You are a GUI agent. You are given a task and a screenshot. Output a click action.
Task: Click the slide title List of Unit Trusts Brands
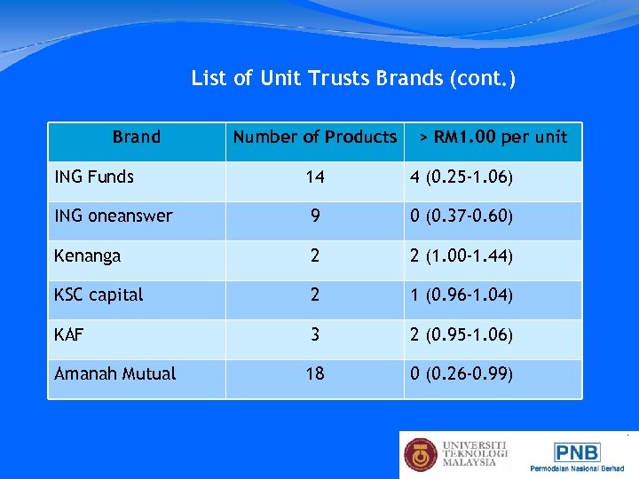[353, 79]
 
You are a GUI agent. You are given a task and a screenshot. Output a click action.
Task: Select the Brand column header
[137, 137]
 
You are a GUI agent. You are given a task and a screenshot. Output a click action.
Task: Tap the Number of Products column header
[314, 137]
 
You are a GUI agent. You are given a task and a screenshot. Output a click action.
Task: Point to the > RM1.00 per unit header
[493, 137]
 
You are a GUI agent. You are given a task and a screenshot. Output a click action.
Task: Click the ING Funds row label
[94, 177]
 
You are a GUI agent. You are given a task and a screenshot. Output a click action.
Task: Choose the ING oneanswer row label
[114, 216]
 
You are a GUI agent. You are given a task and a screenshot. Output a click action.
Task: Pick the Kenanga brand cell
[87, 255]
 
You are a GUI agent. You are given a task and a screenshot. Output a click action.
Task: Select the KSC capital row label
[99, 294]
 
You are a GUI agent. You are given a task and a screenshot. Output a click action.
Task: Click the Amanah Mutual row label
[115, 373]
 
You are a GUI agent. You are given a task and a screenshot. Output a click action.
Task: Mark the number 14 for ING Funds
[314, 177]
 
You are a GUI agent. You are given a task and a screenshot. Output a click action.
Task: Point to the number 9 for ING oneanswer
[314, 216]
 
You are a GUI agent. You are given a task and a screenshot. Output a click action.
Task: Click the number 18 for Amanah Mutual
[314, 374]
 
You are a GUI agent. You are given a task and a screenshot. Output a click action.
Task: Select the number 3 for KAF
[314, 335]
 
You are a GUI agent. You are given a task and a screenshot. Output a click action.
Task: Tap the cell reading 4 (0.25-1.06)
[461, 177]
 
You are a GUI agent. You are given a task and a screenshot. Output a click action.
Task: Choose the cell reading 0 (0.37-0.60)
[461, 216]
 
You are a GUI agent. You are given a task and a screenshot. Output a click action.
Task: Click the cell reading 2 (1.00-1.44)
[461, 256]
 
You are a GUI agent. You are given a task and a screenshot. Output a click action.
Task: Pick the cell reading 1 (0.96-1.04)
[461, 295]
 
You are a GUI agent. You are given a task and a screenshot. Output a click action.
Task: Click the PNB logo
[577, 453]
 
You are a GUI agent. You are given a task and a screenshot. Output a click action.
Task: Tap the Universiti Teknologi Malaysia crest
[421, 455]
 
